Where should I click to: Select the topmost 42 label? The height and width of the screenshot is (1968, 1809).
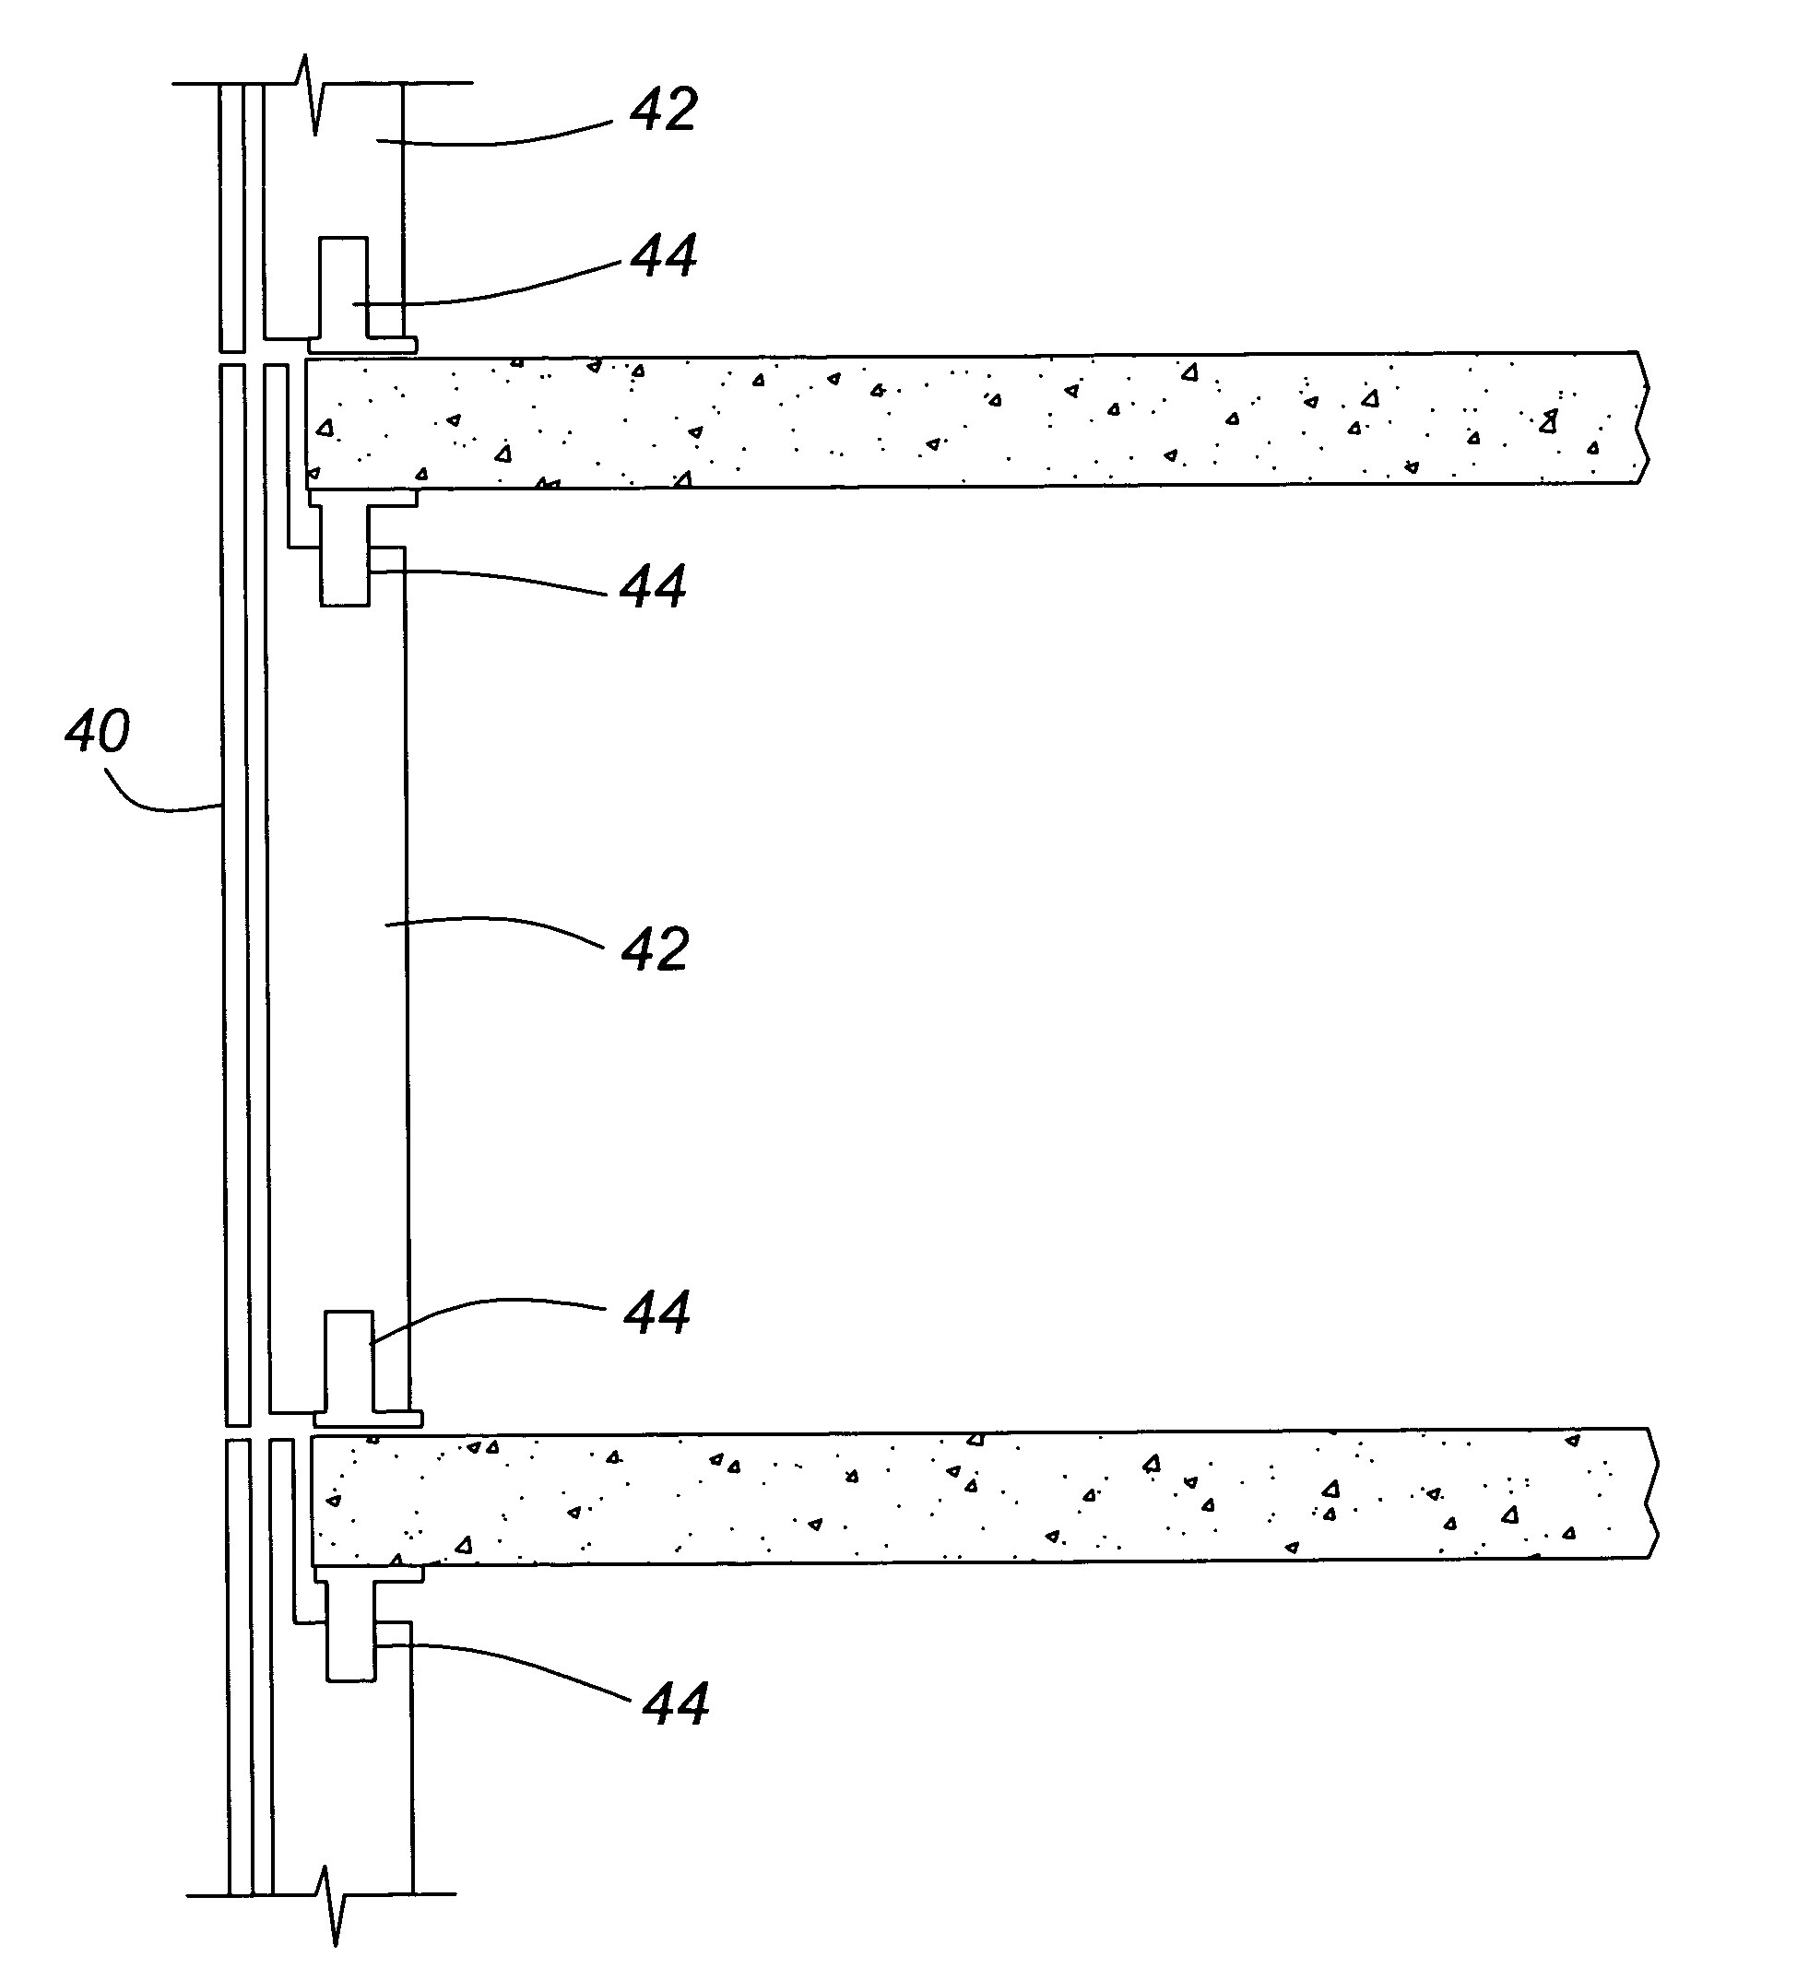click(664, 110)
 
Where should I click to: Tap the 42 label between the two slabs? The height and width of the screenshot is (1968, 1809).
click(656, 949)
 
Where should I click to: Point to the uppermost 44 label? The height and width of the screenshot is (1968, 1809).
click(664, 255)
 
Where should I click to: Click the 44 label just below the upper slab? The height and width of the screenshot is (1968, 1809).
click(654, 585)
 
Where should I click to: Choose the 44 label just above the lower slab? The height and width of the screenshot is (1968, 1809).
click(657, 1313)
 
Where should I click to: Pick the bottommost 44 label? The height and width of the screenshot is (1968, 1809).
click(676, 1703)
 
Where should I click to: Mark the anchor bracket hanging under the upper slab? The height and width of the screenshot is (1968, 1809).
click(358, 548)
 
